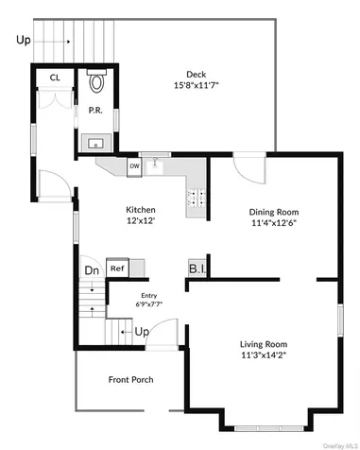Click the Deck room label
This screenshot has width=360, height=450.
tap(195, 74)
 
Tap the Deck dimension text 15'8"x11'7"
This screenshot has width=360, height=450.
tap(195, 87)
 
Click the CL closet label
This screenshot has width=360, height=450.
tap(55, 78)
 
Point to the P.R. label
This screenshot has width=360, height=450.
tap(95, 110)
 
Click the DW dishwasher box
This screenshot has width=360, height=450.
tap(135, 167)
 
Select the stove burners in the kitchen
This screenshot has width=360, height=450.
tap(197, 199)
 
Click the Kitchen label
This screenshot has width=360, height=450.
tap(142, 210)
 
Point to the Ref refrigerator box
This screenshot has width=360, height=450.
tap(118, 268)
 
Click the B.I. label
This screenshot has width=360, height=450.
tap(198, 268)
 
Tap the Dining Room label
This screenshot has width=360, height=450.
tap(274, 213)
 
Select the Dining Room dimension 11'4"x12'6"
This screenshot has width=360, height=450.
tap(274, 225)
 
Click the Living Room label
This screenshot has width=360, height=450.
tap(264, 344)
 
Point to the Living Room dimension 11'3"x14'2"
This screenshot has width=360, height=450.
tap(264, 356)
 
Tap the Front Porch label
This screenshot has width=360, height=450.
tap(131, 380)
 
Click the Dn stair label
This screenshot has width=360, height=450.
tap(91, 270)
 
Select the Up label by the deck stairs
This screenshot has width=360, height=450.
tap(25, 40)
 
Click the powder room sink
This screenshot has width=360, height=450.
tap(95, 144)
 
